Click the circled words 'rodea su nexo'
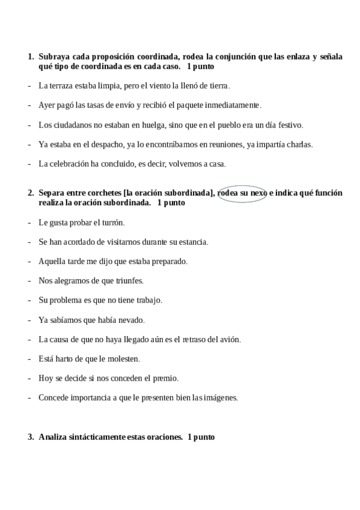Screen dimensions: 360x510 coord(243,193)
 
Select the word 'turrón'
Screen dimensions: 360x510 coord(112,223)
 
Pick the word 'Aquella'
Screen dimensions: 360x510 coord(52,262)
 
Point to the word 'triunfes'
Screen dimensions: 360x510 coord(129,281)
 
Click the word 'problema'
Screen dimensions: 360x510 coord(70,300)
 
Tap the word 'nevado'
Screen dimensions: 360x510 coord(132,320)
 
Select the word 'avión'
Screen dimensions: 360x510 coord(229,339)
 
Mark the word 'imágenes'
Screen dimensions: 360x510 coord(221,398)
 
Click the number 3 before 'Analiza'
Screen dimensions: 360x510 coord(30,437)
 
